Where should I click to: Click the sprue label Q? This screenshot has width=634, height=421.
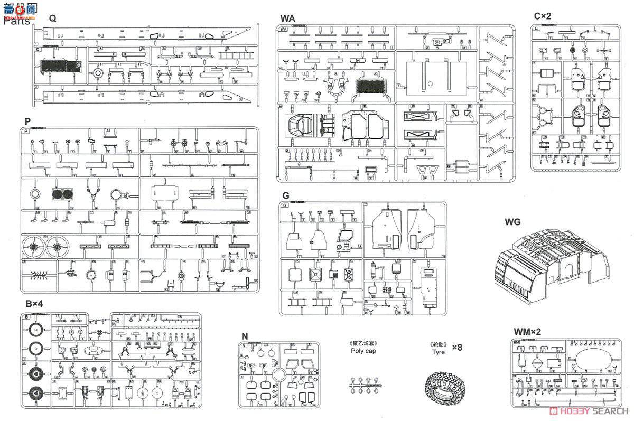tap(52, 18)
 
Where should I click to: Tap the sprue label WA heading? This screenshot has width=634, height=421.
tap(288, 18)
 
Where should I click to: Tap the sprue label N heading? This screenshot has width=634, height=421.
tap(244, 335)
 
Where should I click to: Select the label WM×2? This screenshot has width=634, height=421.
tap(527, 332)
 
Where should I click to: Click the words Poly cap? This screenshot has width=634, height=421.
tap(363, 351)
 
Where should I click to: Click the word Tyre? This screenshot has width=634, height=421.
tap(438, 352)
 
